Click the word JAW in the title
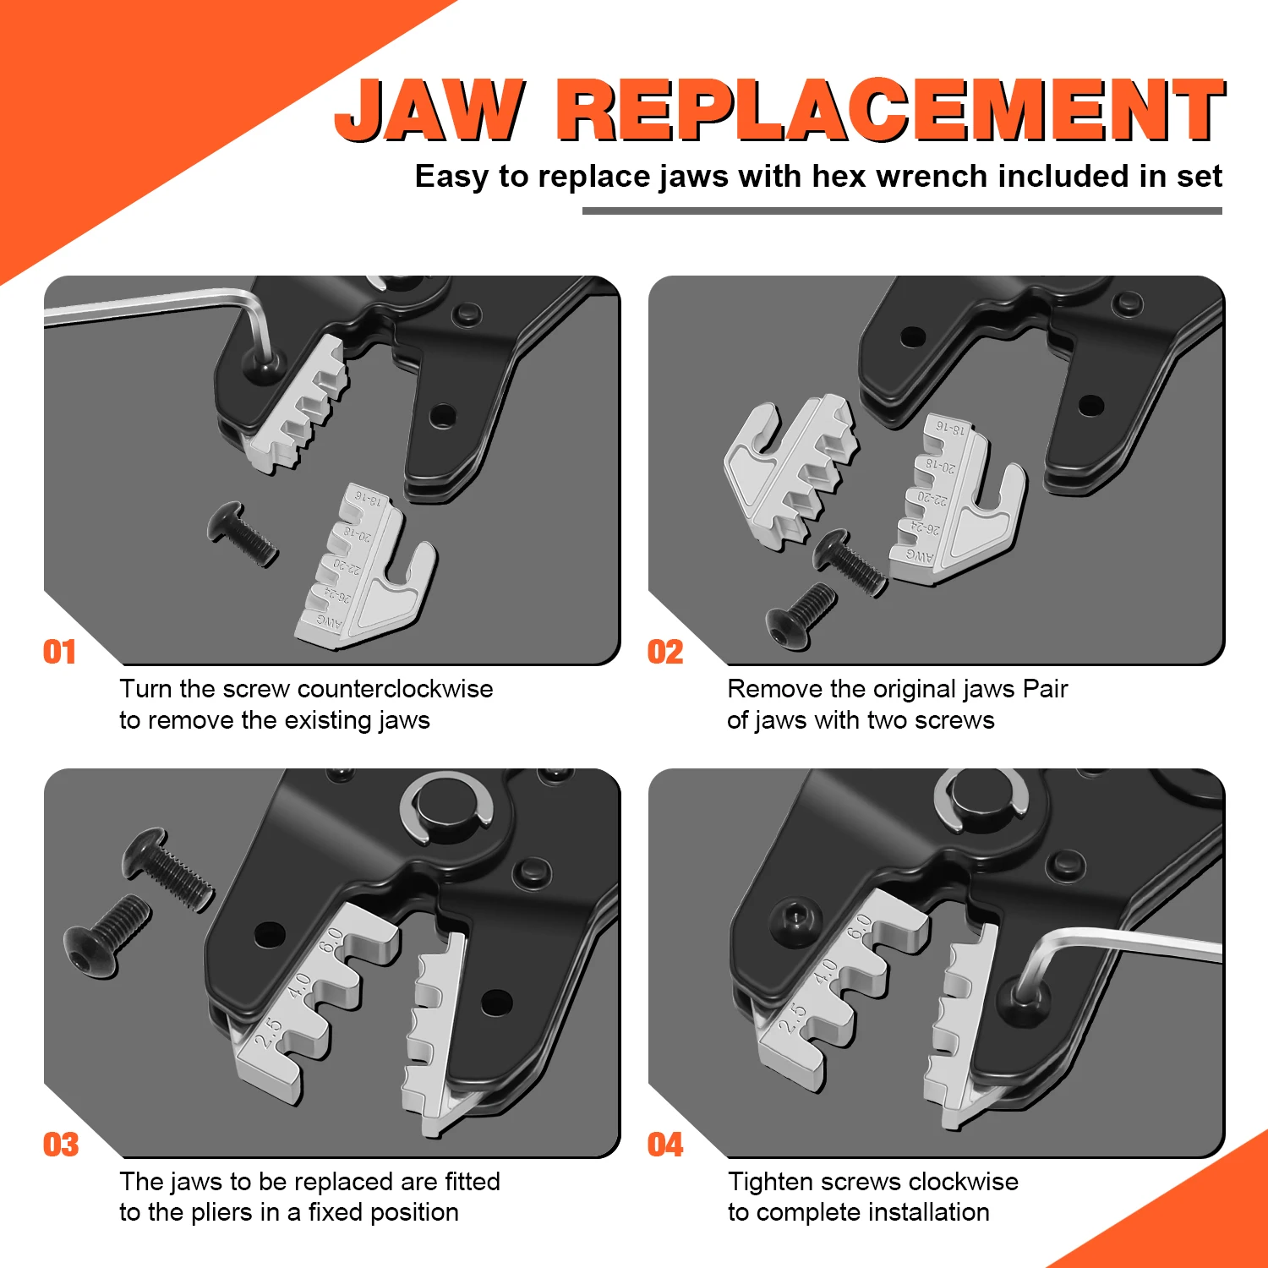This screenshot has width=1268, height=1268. [x=429, y=110]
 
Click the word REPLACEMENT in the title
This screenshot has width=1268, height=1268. [x=890, y=110]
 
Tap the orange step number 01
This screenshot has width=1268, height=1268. [x=59, y=652]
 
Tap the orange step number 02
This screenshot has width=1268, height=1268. [x=665, y=652]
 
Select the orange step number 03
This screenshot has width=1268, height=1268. [x=61, y=1145]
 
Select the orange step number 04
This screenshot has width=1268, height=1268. [x=665, y=1145]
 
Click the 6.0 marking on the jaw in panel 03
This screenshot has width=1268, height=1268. [x=331, y=940]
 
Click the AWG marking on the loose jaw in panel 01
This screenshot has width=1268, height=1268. [x=330, y=623]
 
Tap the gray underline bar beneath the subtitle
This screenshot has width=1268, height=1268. [x=901, y=210]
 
